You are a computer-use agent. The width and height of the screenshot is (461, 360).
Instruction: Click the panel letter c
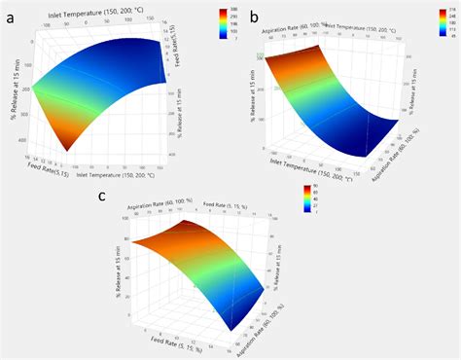point(104,198)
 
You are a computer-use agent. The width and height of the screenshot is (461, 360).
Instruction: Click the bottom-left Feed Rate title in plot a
point(40,162)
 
